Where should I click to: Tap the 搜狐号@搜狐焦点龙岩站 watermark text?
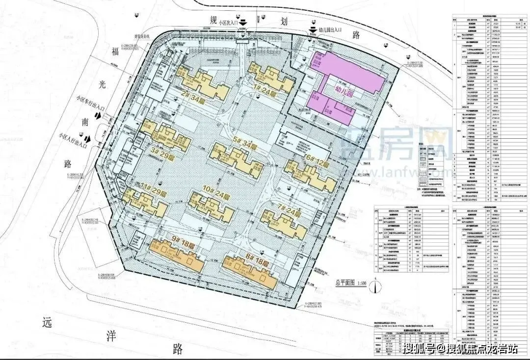(460, 349)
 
